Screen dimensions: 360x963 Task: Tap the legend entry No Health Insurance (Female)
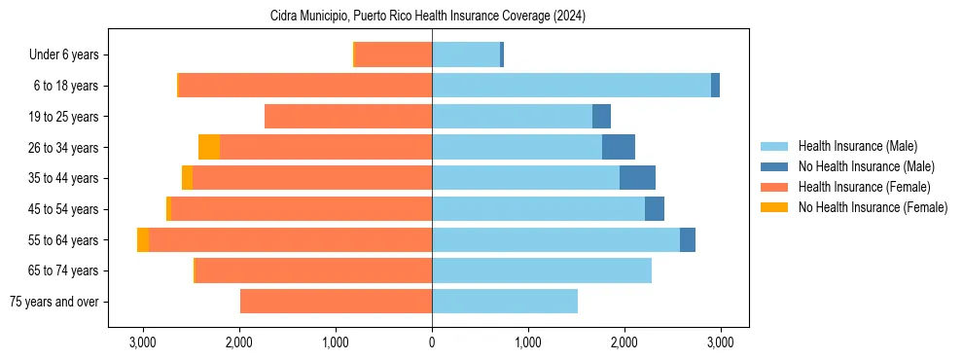coord(873,207)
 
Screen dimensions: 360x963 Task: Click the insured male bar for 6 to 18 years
coord(571,86)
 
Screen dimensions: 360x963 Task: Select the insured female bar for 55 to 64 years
coord(290,240)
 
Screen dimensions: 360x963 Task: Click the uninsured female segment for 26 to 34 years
coord(209,148)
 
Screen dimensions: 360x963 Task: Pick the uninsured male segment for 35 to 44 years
coord(637,178)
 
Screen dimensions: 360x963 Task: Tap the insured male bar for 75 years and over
coord(505,302)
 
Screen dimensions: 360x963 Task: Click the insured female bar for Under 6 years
coord(394,55)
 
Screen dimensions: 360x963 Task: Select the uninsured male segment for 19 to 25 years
coord(601,117)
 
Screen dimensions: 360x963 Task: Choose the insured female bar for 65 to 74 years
coord(313,270)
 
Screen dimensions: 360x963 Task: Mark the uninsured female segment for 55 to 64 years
coord(143,240)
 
